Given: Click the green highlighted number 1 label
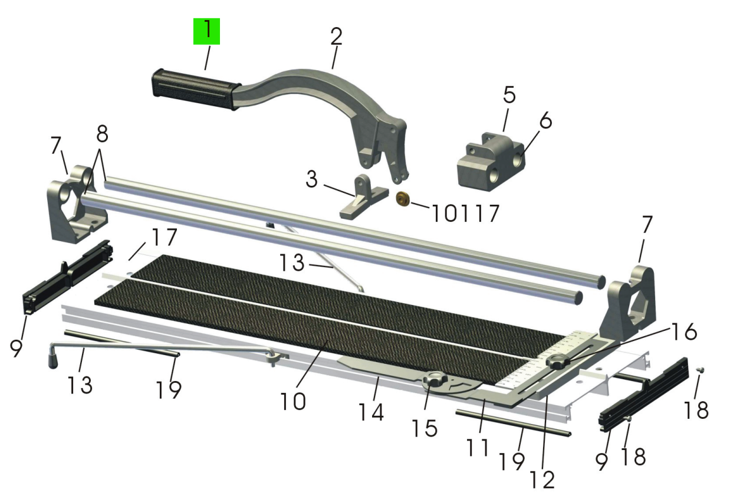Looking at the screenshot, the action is coord(206,31).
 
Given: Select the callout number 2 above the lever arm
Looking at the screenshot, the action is coord(336,36).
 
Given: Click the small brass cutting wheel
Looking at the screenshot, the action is coord(403,199).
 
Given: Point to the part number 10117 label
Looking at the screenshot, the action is coord(465,214).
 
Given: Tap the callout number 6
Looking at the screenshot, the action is coord(545,120).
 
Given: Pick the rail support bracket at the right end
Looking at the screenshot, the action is coord(627,303).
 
